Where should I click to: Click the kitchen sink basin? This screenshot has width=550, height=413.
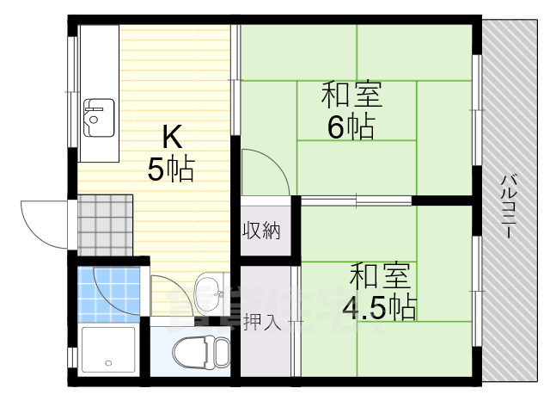tap(99, 118)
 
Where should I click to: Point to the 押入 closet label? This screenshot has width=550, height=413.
tap(261, 324)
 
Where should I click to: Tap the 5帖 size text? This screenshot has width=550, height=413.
tap(170, 170)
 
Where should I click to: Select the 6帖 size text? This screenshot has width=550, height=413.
tap(350, 126)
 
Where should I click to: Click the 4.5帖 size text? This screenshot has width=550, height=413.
tap(380, 306)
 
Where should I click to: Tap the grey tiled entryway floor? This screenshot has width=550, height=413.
tap(105, 225)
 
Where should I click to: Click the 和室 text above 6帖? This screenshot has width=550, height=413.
tap(351, 92)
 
